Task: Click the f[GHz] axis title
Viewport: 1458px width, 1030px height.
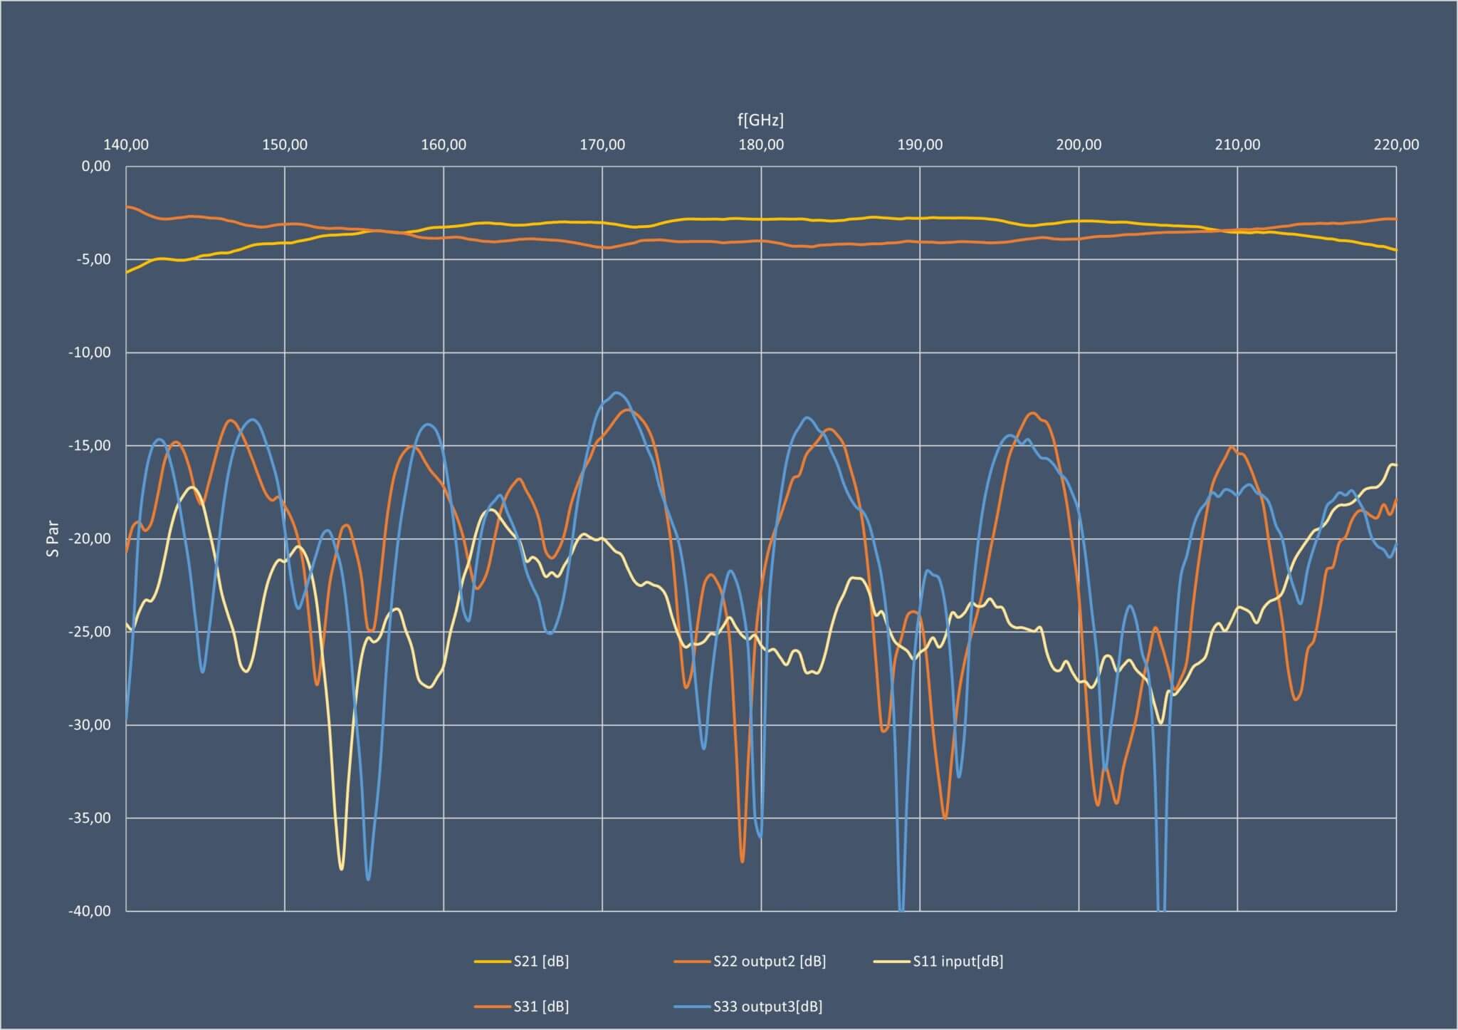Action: coord(760,120)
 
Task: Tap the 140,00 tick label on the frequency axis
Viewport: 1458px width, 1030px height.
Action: coord(126,145)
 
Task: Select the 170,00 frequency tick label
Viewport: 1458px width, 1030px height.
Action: coord(602,145)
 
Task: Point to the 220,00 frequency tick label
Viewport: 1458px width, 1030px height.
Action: coord(1396,145)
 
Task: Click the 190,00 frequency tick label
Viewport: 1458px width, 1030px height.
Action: coord(920,145)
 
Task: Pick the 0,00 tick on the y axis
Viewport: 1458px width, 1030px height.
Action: coord(97,167)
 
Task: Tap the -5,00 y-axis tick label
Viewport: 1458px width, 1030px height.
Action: coord(94,259)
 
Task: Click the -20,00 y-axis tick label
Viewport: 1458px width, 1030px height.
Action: coord(90,539)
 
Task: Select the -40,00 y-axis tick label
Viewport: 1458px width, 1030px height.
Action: coord(90,910)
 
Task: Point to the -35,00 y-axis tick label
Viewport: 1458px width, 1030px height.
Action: coord(90,818)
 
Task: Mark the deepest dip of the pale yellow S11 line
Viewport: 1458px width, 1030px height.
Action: coord(342,869)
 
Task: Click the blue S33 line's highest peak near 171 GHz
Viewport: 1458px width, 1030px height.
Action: coord(617,392)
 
